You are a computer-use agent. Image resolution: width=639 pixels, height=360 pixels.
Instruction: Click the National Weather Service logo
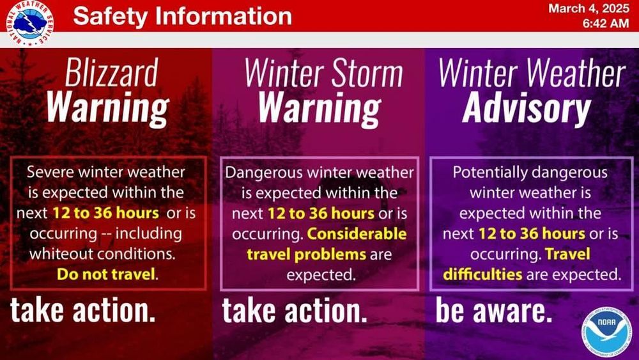[x=30, y=22]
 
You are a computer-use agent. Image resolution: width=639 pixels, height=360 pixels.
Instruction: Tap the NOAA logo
[x=606, y=333]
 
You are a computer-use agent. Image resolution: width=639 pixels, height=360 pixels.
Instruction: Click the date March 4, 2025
[x=589, y=8]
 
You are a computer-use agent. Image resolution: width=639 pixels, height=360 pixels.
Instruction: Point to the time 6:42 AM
[x=606, y=23]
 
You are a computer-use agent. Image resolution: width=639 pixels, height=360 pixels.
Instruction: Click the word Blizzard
[x=111, y=72]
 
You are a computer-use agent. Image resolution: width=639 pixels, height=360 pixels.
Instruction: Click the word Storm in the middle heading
[x=366, y=74]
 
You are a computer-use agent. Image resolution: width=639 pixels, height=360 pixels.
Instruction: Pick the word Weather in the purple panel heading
[x=576, y=74]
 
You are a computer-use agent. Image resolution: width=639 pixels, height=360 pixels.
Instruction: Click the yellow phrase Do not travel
[x=106, y=274]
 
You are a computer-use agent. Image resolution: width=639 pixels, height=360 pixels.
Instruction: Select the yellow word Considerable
[x=357, y=233]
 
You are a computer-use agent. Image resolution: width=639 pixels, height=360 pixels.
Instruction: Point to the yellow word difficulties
[x=482, y=274]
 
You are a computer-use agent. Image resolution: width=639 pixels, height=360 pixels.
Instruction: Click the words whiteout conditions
[x=102, y=254]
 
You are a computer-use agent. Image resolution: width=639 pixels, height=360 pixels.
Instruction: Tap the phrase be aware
[x=494, y=310]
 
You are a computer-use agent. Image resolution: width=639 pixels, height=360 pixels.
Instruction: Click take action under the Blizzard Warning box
[x=82, y=310]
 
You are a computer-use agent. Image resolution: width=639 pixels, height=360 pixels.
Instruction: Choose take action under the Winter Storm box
[x=295, y=310]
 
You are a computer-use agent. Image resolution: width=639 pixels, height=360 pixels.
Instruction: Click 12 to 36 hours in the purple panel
[x=532, y=233]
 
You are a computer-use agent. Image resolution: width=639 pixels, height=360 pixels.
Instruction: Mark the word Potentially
[x=489, y=173]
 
